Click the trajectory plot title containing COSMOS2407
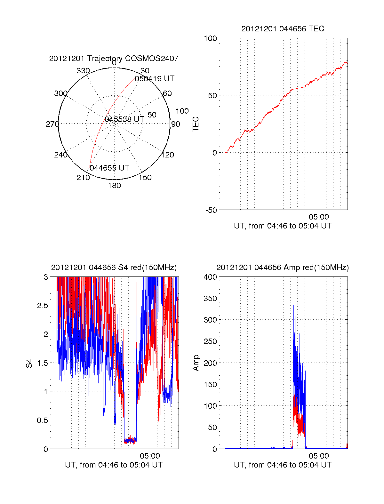tap(114, 58)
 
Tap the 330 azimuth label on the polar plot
tap(83, 70)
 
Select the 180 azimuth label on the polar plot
tap(114, 186)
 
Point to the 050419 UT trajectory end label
tap(155, 78)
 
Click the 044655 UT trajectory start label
tap(109, 168)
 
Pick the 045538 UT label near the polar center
tap(124, 119)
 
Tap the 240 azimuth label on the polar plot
tap(60, 155)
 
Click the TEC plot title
tap(283, 29)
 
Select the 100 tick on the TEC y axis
tap(210, 38)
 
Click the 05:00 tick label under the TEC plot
tap(319, 217)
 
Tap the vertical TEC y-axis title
tap(196, 124)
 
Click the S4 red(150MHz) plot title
tap(114, 268)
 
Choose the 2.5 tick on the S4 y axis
tap(43, 306)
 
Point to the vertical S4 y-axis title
tap(29, 363)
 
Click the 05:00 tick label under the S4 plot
tap(150, 456)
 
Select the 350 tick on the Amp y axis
tap(210, 299)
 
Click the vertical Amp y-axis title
tap(196, 363)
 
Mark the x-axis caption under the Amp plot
tap(283, 465)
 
